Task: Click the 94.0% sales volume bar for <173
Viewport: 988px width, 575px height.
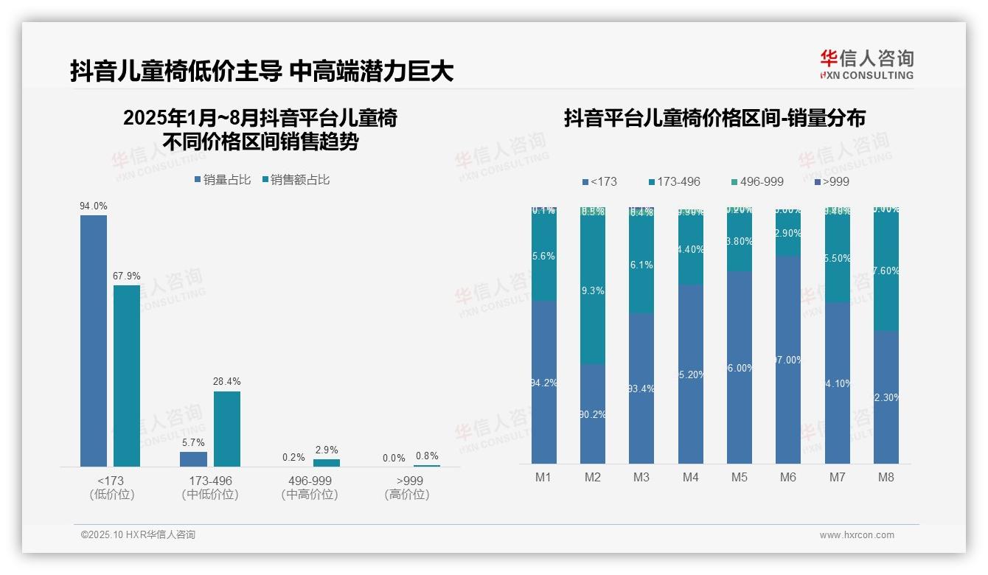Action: click(x=94, y=341)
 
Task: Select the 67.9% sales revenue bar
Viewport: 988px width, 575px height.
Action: click(x=126, y=376)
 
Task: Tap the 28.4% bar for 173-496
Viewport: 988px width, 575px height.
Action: click(x=227, y=428)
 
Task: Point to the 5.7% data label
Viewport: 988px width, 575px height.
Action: click(x=193, y=443)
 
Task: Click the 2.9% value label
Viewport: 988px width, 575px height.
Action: click(x=327, y=450)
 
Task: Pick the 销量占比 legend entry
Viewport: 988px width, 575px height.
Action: click(x=223, y=180)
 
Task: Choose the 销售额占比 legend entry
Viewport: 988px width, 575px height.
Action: click(x=296, y=180)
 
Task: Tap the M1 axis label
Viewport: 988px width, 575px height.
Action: click(x=543, y=477)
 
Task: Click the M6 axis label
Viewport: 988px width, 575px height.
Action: click(x=788, y=477)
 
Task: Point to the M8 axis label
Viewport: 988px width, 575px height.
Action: click(x=886, y=477)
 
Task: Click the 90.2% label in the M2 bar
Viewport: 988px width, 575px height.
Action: click(x=593, y=414)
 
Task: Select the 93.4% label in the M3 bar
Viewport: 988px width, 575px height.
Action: click(x=641, y=388)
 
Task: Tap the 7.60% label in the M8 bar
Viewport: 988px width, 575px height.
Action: click(x=886, y=271)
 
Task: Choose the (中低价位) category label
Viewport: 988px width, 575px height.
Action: click(x=210, y=495)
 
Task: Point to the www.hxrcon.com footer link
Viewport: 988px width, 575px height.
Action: click(x=857, y=535)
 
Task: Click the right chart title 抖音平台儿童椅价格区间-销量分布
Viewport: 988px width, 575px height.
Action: click(x=714, y=118)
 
